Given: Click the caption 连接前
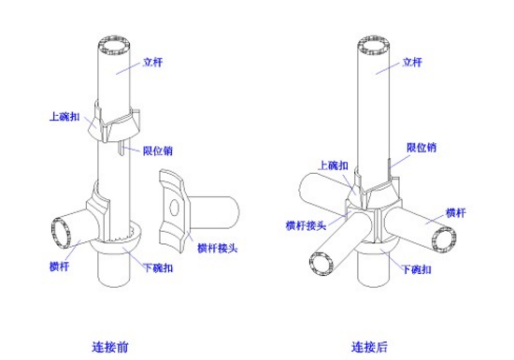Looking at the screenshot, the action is click(x=110, y=347).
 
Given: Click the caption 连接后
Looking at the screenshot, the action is click(x=369, y=347).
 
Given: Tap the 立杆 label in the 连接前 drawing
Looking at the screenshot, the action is click(x=152, y=62).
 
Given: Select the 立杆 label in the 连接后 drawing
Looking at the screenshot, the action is click(x=412, y=62).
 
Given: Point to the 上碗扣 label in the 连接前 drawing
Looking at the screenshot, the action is click(x=64, y=116).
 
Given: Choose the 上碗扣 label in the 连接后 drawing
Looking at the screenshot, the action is click(x=334, y=166).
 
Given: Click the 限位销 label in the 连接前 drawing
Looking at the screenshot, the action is click(x=158, y=151).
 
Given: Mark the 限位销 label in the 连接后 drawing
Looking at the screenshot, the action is click(x=421, y=147).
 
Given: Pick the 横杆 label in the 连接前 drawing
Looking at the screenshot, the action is click(x=59, y=266).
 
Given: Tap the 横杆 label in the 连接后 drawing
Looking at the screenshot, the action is click(x=456, y=213).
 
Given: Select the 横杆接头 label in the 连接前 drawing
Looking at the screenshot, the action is click(x=217, y=248).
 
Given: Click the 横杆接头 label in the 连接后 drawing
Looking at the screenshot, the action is click(x=306, y=225).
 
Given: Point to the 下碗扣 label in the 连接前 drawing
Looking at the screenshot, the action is click(x=158, y=267).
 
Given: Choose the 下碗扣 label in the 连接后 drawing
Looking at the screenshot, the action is click(x=416, y=269).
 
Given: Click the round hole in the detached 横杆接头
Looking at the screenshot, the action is click(x=174, y=208).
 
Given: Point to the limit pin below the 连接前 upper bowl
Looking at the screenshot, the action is click(x=121, y=147).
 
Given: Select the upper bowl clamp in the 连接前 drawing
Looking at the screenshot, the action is click(x=114, y=124).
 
